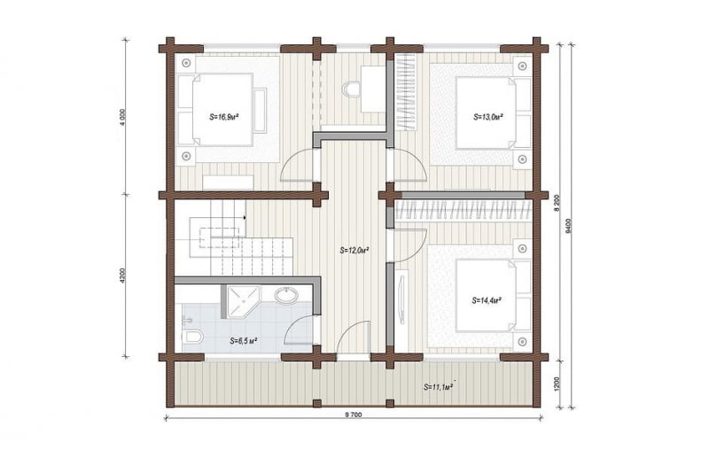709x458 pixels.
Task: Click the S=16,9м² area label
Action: pyautogui.click(x=224, y=117)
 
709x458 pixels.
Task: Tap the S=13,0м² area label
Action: pyautogui.click(x=489, y=117)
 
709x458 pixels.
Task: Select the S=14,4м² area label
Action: pyautogui.click(x=487, y=300)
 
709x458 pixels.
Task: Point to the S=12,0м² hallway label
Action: pyautogui.click(x=355, y=250)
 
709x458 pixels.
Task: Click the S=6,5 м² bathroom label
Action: pyautogui.click(x=244, y=340)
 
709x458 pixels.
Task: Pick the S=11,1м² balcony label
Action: pyautogui.click(x=439, y=386)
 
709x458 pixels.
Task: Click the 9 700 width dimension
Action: pyautogui.click(x=353, y=415)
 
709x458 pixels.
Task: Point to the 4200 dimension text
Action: pyautogui.click(x=123, y=276)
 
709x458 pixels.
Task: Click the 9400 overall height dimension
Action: pyautogui.click(x=568, y=226)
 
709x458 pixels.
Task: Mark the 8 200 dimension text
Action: pyautogui.click(x=557, y=203)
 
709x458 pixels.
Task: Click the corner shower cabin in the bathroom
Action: pyautogui.click(x=240, y=301)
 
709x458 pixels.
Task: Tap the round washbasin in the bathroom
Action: pyautogui.click(x=286, y=296)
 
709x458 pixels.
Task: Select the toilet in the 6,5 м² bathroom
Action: pyautogui.click(x=192, y=336)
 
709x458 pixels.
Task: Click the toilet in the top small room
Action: pyautogui.click(x=351, y=89)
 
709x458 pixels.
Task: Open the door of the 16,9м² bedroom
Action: pyautogui.click(x=297, y=165)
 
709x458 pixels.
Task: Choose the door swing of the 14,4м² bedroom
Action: pyautogui.click(x=409, y=245)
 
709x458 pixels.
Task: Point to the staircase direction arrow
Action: pyautogui.click(x=245, y=217)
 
